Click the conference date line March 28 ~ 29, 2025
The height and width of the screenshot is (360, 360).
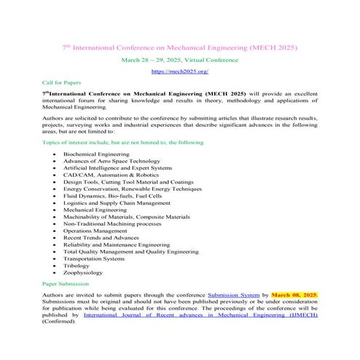pos(179,59)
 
